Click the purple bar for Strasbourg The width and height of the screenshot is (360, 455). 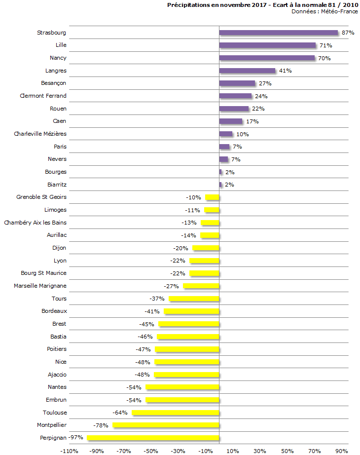point(279,33)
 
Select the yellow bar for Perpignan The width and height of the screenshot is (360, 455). point(153,438)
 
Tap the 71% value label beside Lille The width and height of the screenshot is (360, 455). point(325,45)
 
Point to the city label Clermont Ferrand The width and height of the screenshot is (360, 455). point(43,96)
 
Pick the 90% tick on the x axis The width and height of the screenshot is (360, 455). point(342,451)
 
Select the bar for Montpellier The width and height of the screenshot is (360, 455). point(166,425)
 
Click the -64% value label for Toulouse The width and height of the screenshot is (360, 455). point(120,413)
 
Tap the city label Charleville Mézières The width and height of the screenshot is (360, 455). point(40,134)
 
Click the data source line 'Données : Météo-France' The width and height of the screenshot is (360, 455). point(325,11)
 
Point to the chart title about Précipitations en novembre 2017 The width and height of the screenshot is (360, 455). point(262,4)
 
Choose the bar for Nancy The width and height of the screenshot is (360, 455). point(267,58)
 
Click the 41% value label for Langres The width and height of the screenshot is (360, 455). point(285,71)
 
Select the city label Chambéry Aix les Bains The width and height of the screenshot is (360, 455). point(35,223)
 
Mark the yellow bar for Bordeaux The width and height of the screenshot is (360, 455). point(191,311)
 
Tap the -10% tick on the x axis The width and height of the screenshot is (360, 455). point(205,451)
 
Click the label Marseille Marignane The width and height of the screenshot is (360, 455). point(40,286)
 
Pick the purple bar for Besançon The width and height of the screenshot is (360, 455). point(237,83)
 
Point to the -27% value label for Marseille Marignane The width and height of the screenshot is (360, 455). point(172,286)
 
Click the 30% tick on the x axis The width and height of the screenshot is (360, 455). point(260,451)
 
